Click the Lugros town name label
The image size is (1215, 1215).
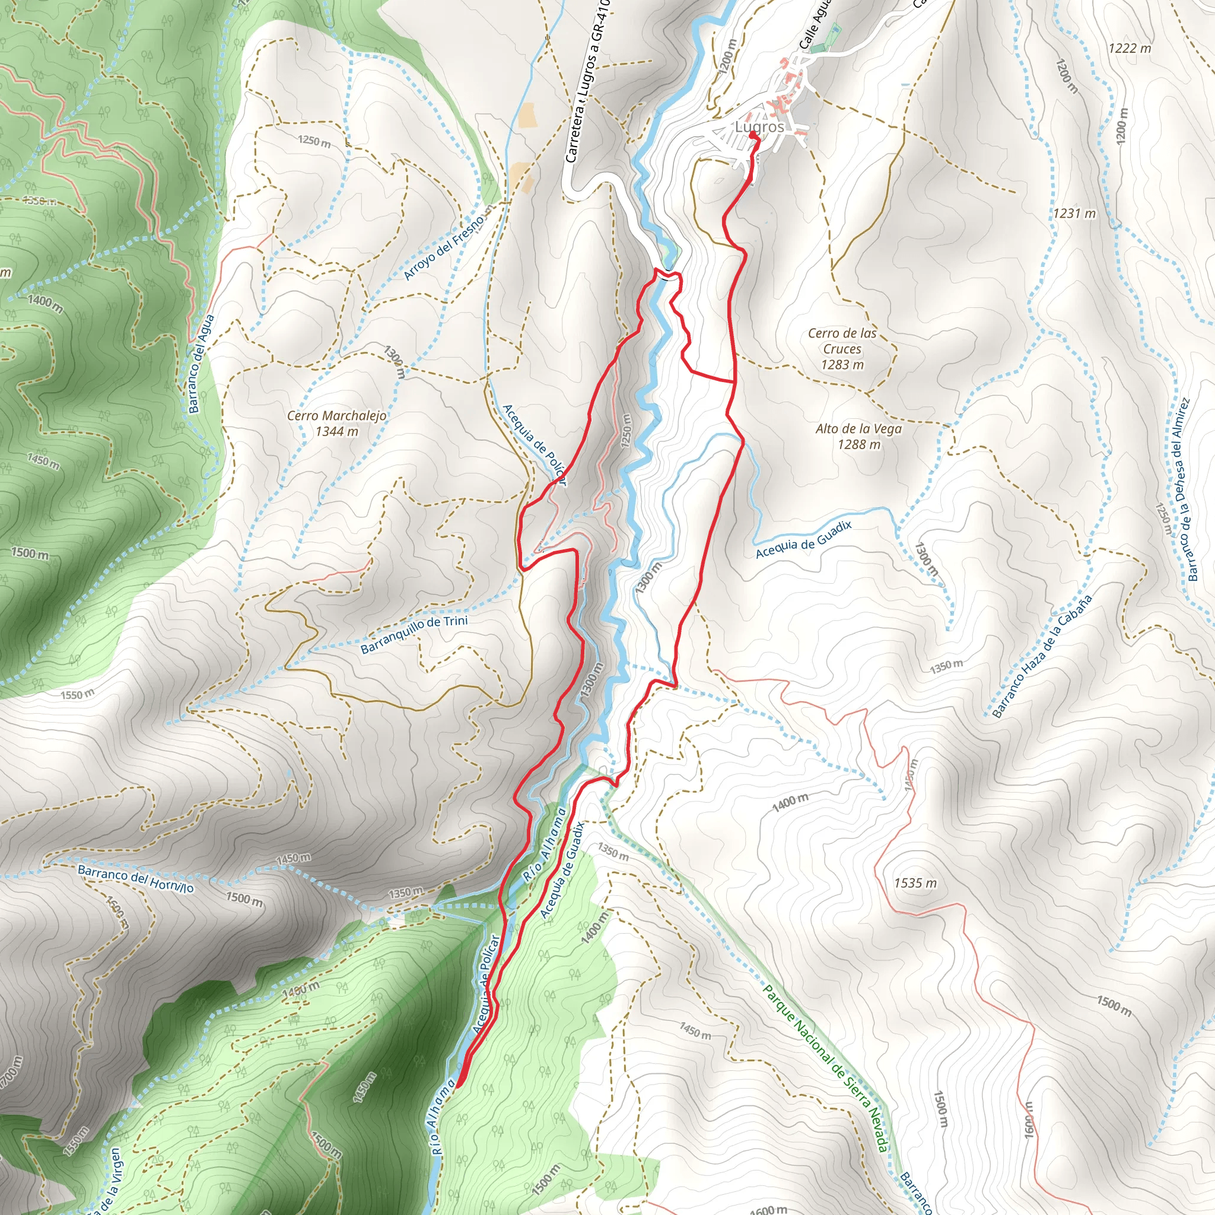(760, 127)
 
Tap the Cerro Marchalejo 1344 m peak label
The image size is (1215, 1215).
(336, 423)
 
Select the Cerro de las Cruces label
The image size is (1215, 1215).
(842, 348)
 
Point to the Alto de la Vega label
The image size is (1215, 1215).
(858, 437)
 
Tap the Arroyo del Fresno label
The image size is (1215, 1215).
(444, 246)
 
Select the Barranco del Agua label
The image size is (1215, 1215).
(202, 364)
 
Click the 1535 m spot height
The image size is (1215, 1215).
(915, 883)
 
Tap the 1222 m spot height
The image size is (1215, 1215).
(1130, 49)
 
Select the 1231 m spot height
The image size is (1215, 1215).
(1075, 214)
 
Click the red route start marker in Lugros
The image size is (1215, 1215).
(753, 134)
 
